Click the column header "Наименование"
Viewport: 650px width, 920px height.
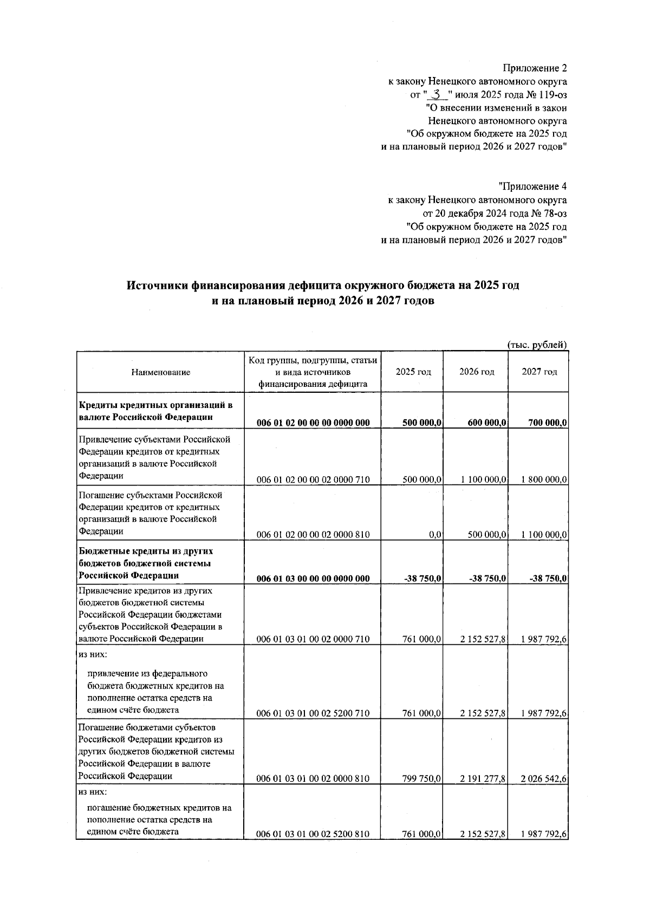(160, 372)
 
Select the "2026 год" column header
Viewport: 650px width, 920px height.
(477, 372)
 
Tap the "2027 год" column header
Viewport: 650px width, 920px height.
(539, 372)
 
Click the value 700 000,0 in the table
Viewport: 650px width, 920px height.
(548, 423)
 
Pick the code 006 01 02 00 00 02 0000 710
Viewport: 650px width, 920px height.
(313, 480)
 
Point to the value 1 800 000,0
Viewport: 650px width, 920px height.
(544, 480)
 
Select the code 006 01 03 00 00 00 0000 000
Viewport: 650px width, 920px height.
(313, 579)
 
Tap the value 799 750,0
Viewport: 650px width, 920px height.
(422, 779)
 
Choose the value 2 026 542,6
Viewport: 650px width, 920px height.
(544, 779)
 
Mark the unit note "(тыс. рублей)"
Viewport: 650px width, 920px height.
(537, 345)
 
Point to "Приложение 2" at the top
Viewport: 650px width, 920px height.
(535, 68)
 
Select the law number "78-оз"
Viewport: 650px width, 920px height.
(555, 213)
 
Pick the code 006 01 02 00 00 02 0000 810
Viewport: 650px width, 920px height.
(313, 535)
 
